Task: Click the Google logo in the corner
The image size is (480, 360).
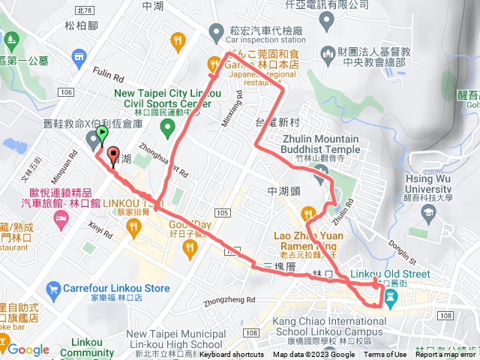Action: click(x=28, y=349)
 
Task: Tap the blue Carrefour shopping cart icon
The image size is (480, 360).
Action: click(x=53, y=288)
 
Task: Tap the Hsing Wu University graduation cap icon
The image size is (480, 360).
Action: click(x=428, y=213)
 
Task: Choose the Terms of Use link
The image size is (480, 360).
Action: click(x=385, y=355)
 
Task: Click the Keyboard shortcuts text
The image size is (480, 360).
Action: click(x=231, y=355)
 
